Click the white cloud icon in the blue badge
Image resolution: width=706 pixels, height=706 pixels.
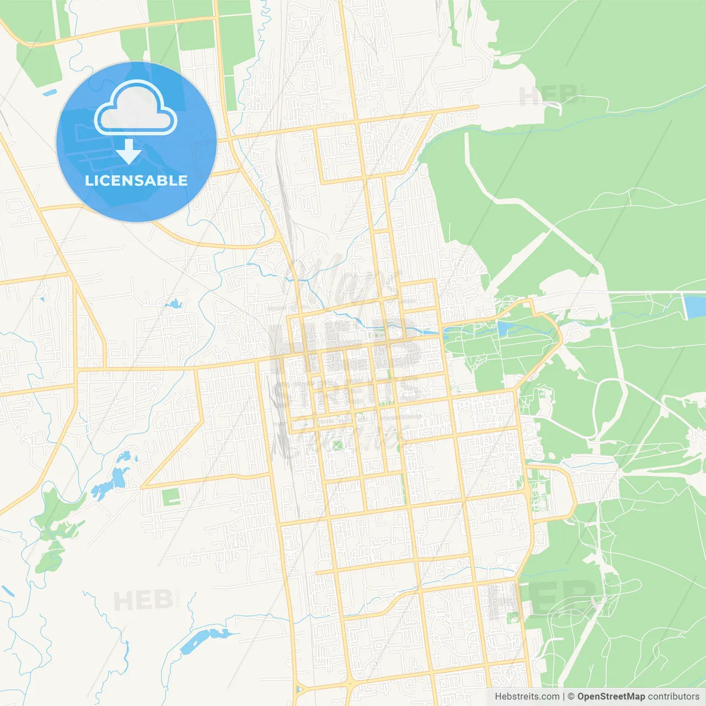[136, 108]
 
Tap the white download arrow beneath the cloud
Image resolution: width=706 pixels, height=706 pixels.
[129, 152]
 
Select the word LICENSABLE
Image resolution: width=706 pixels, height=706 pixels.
[136, 180]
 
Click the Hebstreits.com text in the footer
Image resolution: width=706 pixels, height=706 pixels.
[527, 697]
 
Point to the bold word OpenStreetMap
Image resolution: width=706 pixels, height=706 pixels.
[611, 697]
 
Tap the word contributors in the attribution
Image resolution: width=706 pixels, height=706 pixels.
[673, 697]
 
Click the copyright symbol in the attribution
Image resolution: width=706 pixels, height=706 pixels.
[571, 697]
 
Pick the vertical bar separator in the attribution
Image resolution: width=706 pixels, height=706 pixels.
[564, 697]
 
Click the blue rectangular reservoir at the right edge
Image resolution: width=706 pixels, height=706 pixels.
[694, 307]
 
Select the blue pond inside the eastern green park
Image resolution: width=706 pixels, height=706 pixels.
[505, 328]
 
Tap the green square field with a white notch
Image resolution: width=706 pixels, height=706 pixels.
[172, 497]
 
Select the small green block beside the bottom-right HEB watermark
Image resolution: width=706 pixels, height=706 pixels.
[513, 618]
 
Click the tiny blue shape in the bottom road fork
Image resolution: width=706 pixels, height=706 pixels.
[298, 689]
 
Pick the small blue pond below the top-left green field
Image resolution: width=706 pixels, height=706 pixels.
[49, 93]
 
